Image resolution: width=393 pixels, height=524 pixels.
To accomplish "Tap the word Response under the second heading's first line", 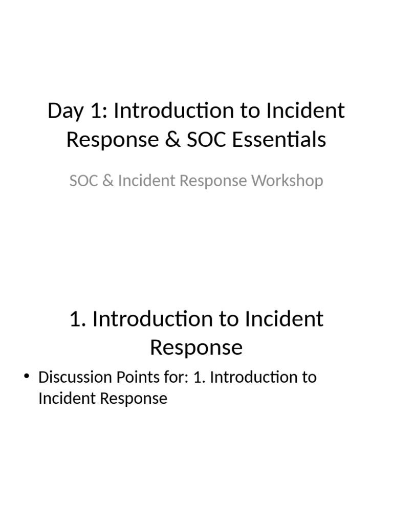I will (x=196, y=347).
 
